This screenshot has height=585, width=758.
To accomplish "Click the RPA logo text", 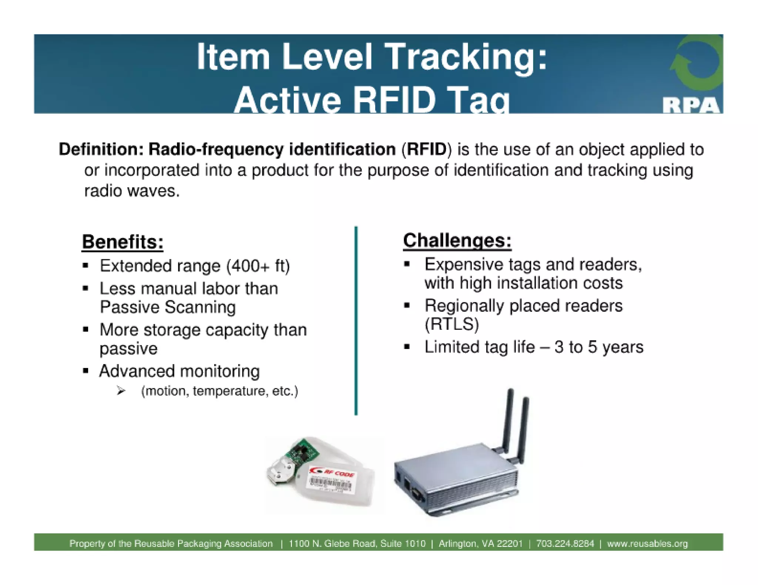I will click(x=691, y=106).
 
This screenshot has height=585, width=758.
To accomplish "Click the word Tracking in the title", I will click(x=466, y=57).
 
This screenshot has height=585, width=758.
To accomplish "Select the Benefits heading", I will click(x=123, y=242).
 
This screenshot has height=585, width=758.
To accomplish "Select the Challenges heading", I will click(x=457, y=241).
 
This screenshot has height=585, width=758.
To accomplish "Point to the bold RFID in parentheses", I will click(x=427, y=149).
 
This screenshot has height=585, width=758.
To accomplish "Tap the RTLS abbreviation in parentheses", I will click(x=452, y=324).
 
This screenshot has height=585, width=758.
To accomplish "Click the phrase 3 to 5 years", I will click(x=599, y=347).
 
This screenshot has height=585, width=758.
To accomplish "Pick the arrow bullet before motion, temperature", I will click(x=121, y=391).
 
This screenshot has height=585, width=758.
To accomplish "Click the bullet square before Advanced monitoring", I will click(x=85, y=371).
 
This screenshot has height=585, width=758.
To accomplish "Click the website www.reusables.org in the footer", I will click(x=647, y=544).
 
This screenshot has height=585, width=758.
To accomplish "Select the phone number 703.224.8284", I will click(x=565, y=544).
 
